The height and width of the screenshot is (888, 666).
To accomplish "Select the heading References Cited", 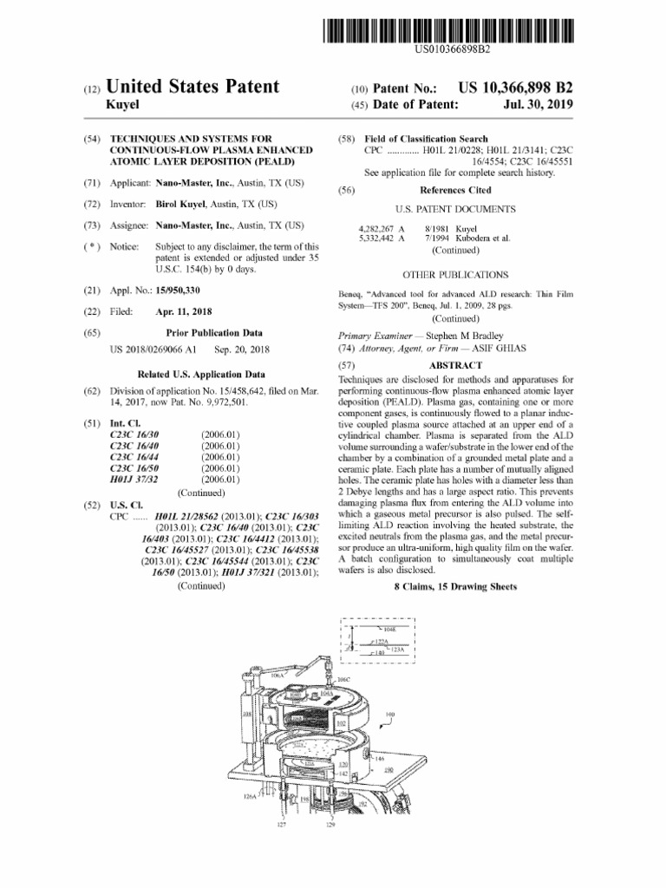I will click(455, 190).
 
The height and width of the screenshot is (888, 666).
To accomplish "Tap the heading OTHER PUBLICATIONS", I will click(455, 273).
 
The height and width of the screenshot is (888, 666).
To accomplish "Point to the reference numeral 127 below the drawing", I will click(281, 826).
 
